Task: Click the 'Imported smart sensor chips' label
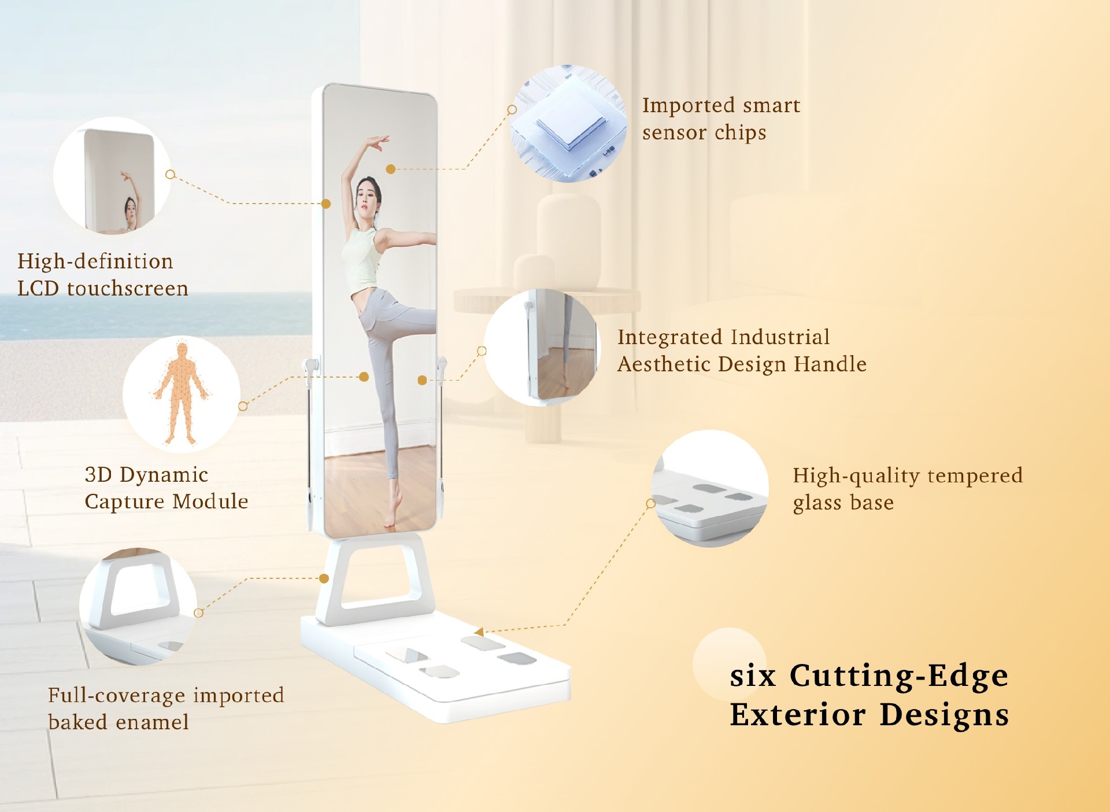[721, 119]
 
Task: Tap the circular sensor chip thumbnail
[569, 124]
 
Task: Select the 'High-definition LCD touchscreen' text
[103, 274]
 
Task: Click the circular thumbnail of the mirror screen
[112, 176]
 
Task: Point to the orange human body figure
[182, 394]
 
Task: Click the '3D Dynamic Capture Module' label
[166, 488]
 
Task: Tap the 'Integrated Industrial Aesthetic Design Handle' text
[742, 350]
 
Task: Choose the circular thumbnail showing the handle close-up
[542, 347]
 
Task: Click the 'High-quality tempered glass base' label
[908, 489]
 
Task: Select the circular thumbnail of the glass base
[710, 489]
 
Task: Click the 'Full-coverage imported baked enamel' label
[166, 708]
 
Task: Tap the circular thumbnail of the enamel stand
[138, 606]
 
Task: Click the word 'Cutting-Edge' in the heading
[899, 676]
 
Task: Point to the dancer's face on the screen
[367, 197]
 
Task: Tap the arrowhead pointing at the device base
[479, 631]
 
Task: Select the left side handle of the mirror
[310, 434]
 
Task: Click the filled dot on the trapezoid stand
[324, 578]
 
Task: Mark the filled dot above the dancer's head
[391, 169]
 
